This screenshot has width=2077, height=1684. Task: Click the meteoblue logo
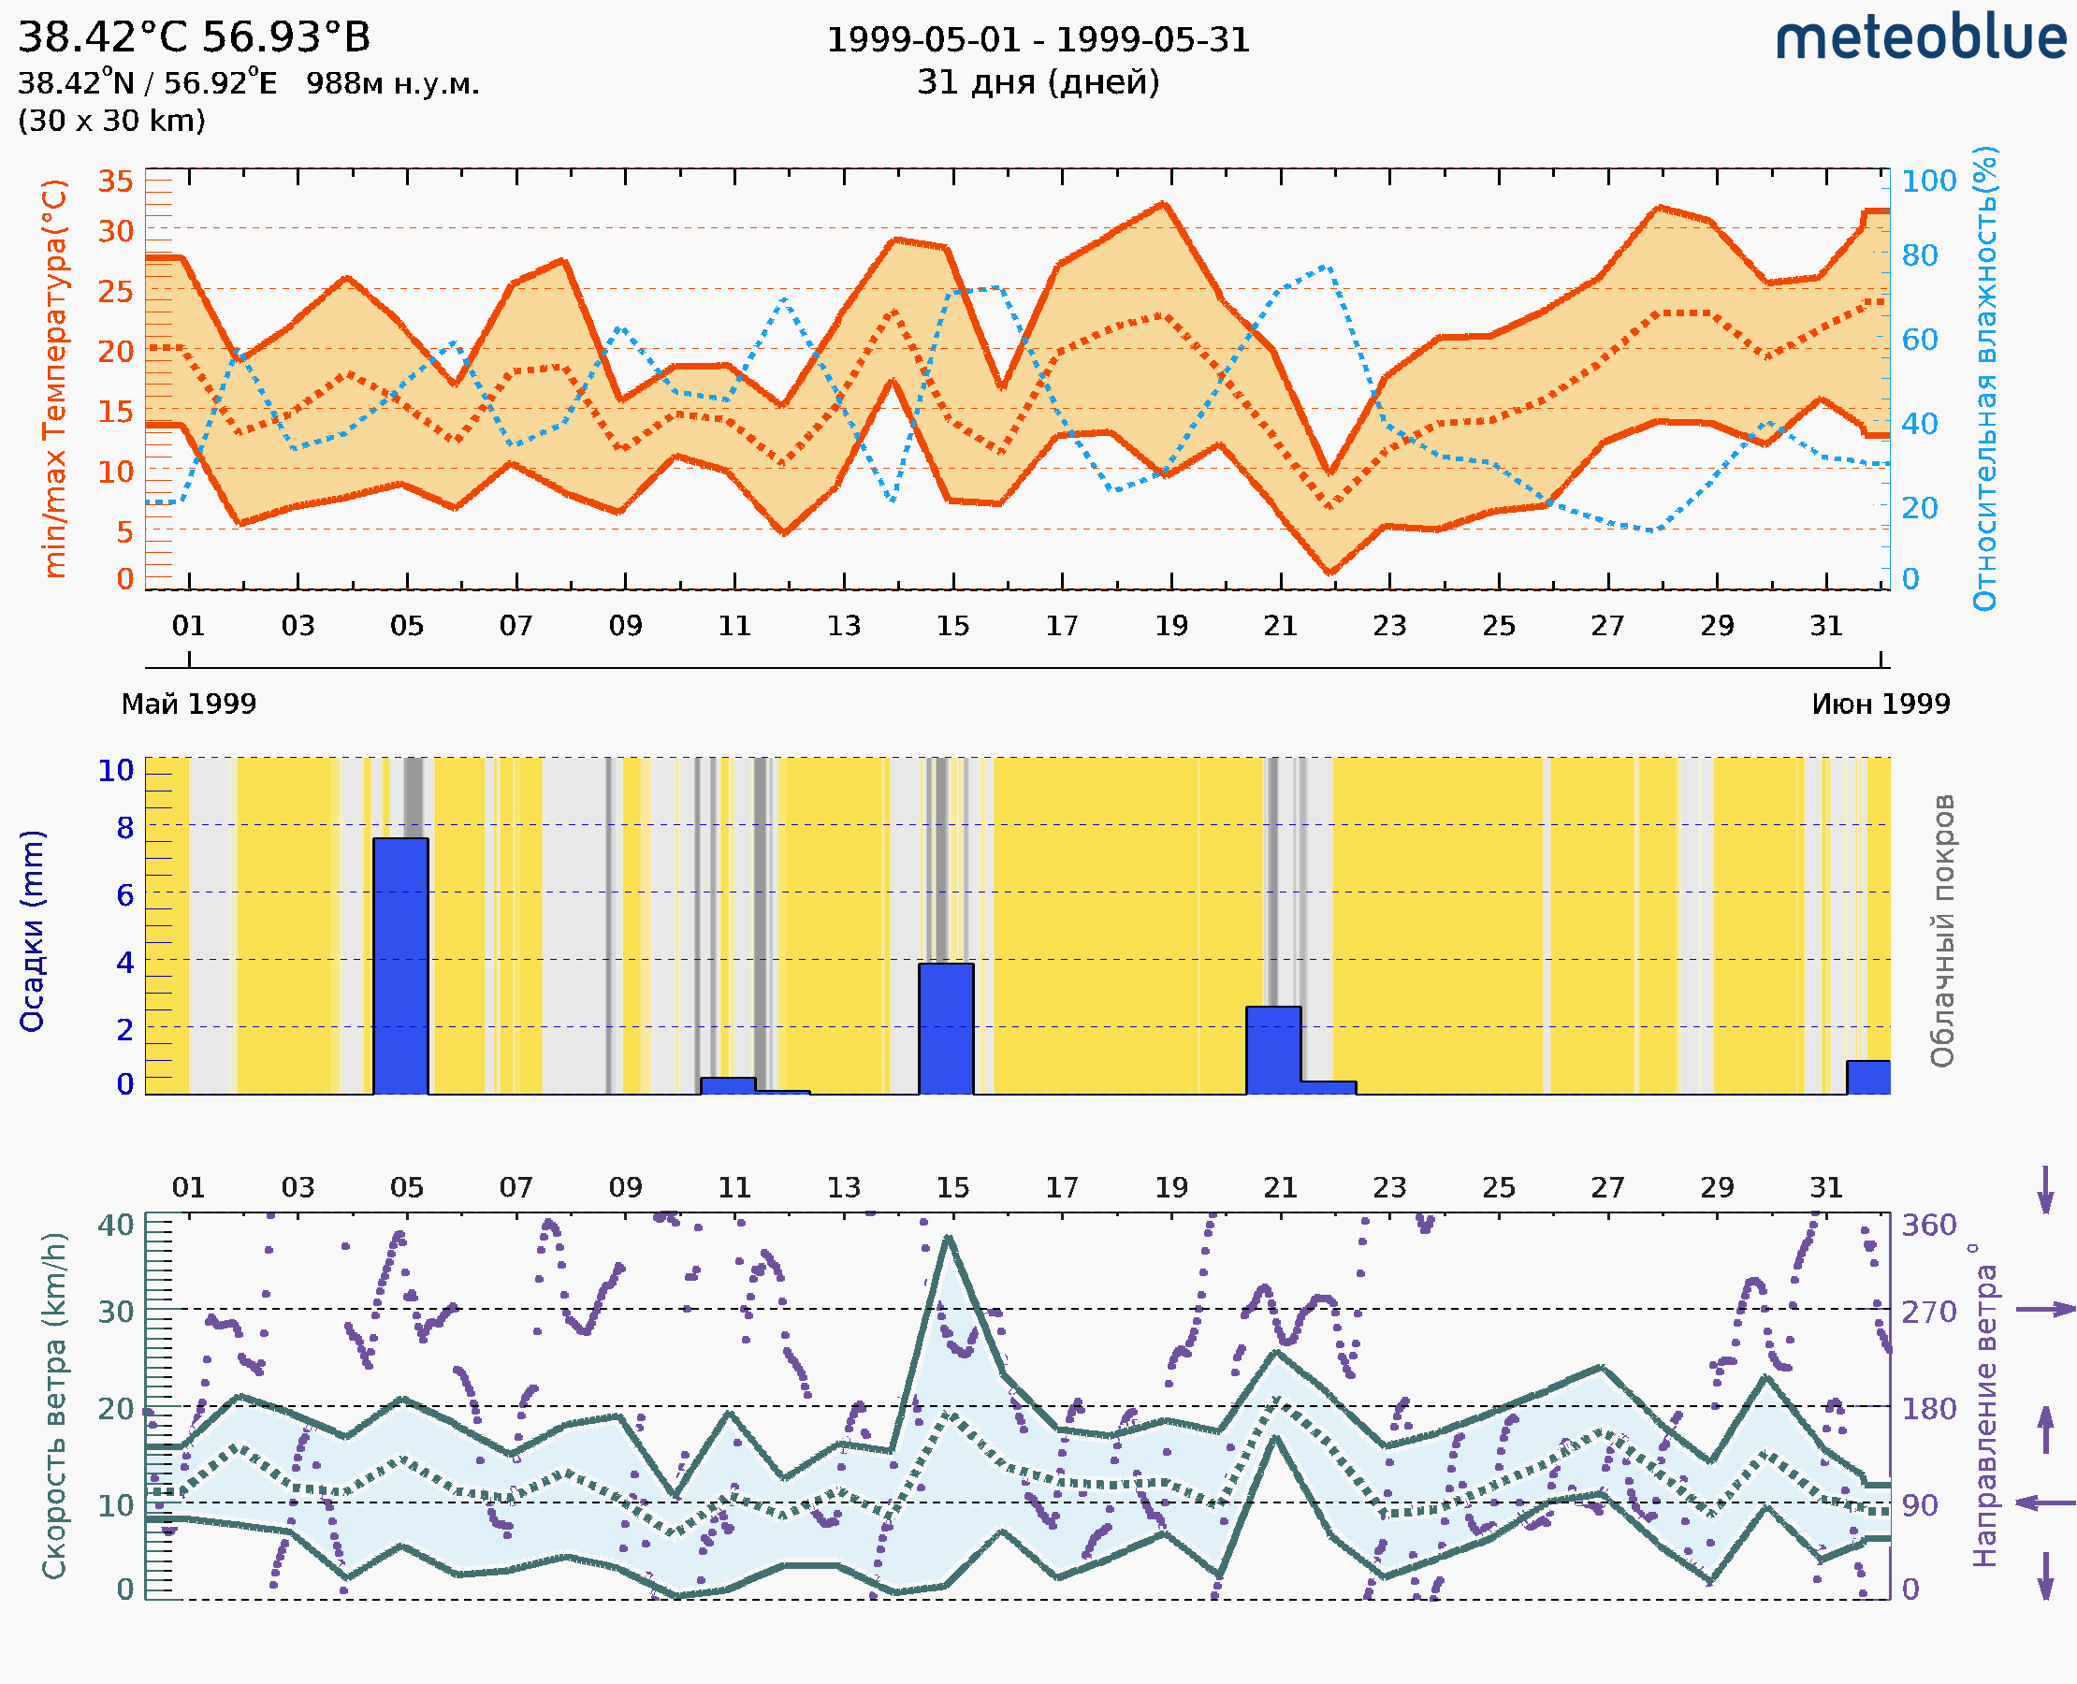(x=1920, y=38)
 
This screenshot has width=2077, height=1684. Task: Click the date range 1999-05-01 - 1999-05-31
(x=1038, y=40)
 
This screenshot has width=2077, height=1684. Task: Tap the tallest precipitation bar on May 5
(x=400, y=965)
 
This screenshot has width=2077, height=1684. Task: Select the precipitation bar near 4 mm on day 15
(x=946, y=1028)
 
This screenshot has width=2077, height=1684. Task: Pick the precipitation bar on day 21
(x=1272, y=1051)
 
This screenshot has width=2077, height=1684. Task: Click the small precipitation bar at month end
(x=1867, y=1078)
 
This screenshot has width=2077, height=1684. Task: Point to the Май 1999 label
(x=188, y=704)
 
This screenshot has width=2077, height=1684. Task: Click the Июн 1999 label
(x=1881, y=704)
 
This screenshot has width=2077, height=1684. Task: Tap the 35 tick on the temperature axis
(x=115, y=181)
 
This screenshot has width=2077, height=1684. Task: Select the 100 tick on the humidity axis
(x=1928, y=181)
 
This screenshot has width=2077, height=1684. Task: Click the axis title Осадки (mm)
(x=32, y=931)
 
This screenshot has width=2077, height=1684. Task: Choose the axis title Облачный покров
(x=1942, y=931)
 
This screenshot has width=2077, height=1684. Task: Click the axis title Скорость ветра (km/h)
(x=54, y=1405)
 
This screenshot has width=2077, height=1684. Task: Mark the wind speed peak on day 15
(x=949, y=1239)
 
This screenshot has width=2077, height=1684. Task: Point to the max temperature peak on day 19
(x=1164, y=205)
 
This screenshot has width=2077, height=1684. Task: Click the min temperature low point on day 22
(x=1329, y=573)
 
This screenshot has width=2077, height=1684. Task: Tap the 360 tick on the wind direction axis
(x=1928, y=1226)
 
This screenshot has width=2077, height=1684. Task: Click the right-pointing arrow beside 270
(x=2046, y=1310)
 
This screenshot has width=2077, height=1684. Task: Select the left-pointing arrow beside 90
(x=2046, y=1503)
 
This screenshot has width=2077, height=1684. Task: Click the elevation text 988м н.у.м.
(x=393, y=83)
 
